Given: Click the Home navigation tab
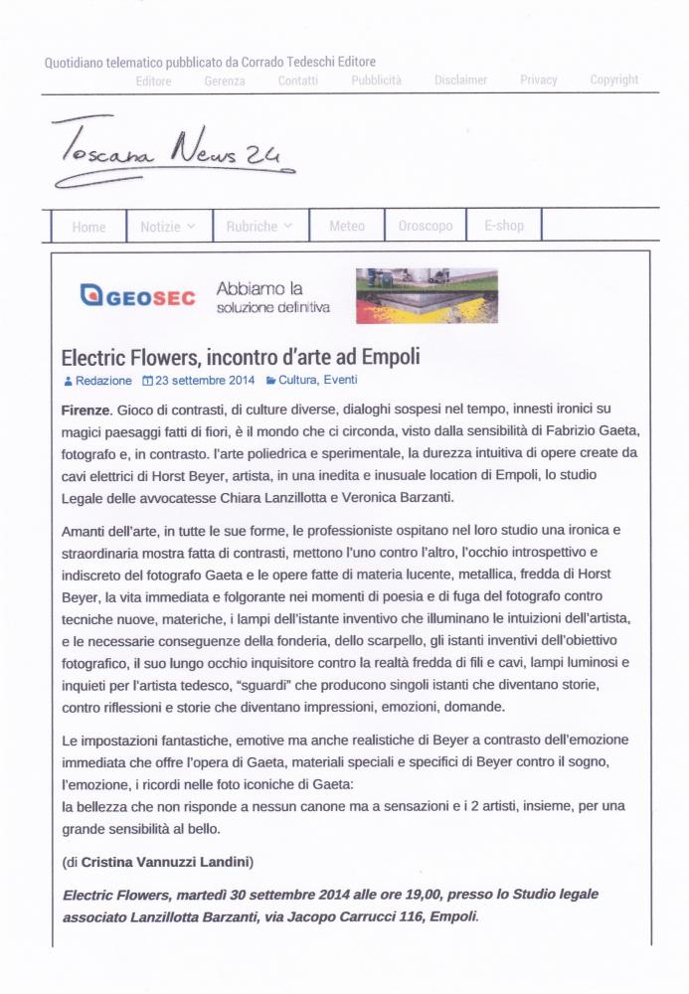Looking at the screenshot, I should coord(88,227).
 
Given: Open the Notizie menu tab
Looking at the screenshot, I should coord(167,227).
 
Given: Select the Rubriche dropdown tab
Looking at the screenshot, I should coord(258,227).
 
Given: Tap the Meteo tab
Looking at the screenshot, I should coord(347,227).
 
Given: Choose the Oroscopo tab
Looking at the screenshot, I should coord(425,227).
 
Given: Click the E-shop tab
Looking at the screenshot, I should coord(504,226).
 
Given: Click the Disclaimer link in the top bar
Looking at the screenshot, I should coord(460,80).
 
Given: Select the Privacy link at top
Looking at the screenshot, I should coord(539,80).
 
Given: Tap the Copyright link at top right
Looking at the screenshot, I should coord(614,80).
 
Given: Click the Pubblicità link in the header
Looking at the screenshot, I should coord(376,81).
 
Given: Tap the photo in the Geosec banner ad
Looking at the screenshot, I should coord(427,296).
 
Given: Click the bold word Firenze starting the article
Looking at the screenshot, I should coord(86,410).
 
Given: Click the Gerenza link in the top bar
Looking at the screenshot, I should coord(225,81).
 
